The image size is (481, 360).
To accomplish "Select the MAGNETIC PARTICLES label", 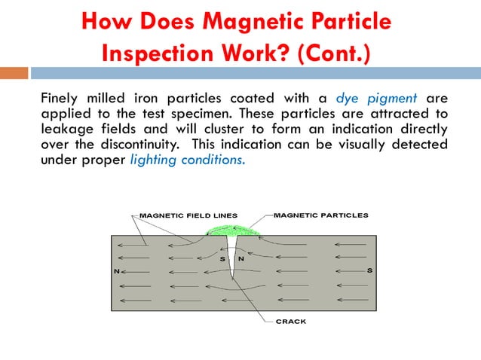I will pos(320,215).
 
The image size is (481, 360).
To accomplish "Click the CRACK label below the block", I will pos(291,322).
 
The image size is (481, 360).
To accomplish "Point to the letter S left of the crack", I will pos(222,259).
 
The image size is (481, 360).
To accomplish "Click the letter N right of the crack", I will pos(240,259).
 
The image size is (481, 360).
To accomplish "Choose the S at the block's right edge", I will pos(369,270).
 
